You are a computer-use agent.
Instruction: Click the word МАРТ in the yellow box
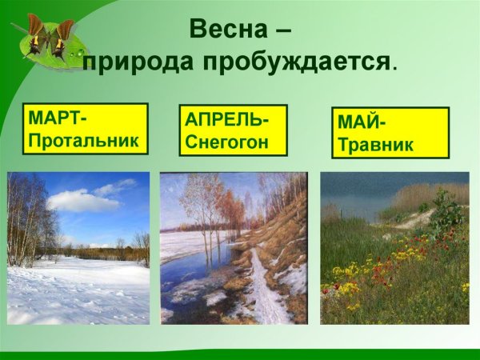tap(56, 118)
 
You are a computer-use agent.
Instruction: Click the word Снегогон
tap(225, 143)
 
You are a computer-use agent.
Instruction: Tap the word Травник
tap(375, 146)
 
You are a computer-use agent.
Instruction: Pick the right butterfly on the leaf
tap(62, 37)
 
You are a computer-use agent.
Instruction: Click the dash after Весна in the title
tap(280, 32)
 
